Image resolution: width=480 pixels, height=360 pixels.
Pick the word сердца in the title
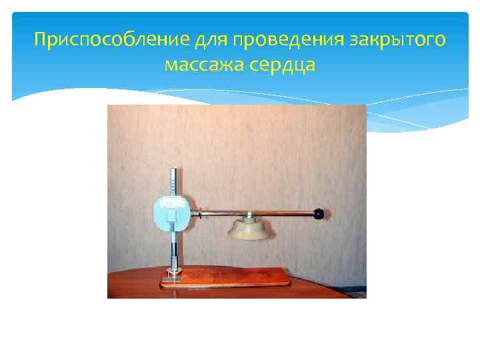click(x=283, y=65)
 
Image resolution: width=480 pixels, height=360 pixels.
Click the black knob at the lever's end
click(x=319, y=214)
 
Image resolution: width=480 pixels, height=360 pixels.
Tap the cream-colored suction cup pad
click(x=248, y=231)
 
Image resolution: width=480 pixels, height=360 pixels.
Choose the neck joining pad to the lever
click(x=248, y=218)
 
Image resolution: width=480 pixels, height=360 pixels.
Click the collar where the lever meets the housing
click(x=197, y=214)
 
